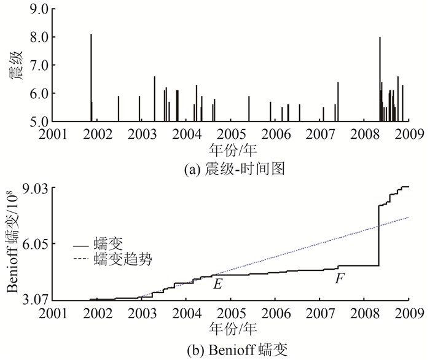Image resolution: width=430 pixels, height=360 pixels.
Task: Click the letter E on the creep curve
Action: (217, 284)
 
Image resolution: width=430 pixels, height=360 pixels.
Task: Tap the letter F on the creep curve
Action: (338, 279)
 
